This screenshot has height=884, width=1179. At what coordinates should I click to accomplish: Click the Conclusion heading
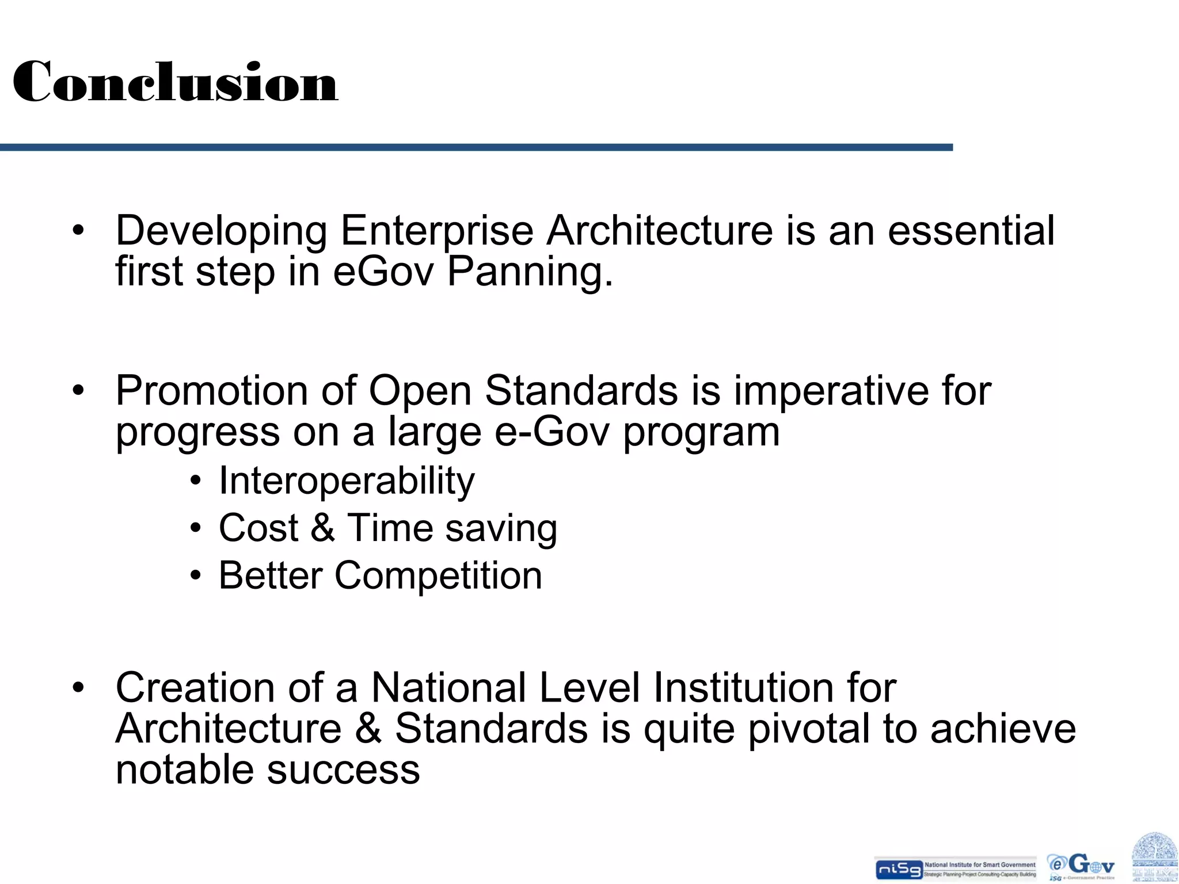point(175,82)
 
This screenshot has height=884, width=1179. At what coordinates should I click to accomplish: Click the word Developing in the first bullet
point(221,231)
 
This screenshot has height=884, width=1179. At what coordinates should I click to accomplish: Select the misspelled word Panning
point(530,272)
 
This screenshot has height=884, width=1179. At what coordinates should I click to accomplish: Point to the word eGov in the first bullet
point(383,272)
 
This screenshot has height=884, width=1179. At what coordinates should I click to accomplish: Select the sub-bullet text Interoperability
point(347,481)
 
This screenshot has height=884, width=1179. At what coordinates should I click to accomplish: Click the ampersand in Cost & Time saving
point(322,528)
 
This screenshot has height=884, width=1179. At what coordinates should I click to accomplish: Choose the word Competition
point(438,576)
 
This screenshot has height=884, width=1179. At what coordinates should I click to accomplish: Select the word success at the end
point(343,770)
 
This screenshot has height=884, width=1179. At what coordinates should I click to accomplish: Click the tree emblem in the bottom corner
point(1154,858)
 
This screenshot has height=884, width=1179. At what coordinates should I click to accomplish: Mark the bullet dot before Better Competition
point(196,576)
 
